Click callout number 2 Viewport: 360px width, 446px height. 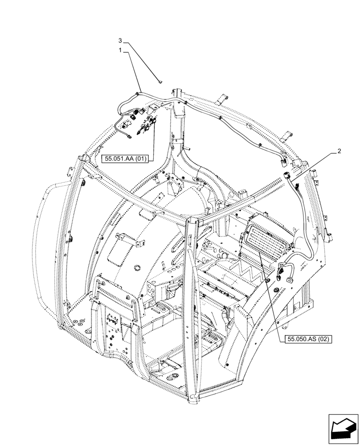coord(340,151)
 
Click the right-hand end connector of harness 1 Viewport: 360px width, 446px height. coord(283,158)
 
